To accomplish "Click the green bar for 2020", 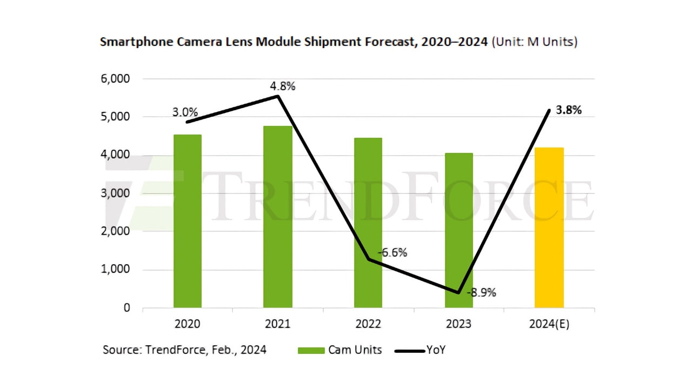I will [188, 222].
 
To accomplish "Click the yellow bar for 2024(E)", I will [549, 227].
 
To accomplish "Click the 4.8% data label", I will [282, 85].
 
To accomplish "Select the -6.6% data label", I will [393, 252].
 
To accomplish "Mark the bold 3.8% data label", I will [569, 110].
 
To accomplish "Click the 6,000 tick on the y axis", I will [115, 79].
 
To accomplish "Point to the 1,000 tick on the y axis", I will [115, 270].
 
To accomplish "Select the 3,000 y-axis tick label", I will [115, 193].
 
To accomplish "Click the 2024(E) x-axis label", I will [549, 324].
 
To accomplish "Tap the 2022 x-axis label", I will [368, 324].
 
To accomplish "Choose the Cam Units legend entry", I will [341, 350].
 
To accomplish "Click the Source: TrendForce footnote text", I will [184, 350].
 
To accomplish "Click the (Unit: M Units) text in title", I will [534, 42].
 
